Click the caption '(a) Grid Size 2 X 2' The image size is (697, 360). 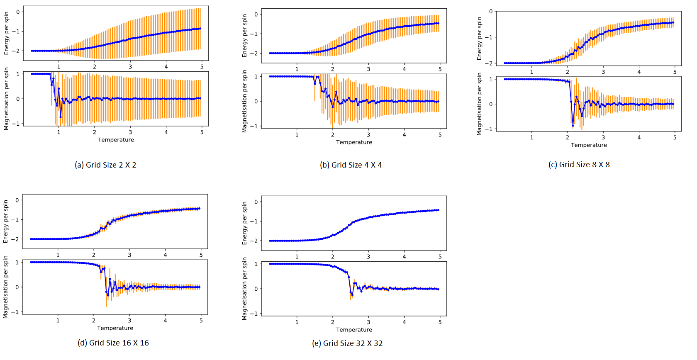[105, 165]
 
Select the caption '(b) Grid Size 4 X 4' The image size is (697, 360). [351, 165]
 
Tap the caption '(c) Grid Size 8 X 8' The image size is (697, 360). [579, 165]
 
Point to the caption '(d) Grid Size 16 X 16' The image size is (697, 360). [113, 343]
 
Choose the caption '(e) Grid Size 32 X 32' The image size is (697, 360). [347, 343]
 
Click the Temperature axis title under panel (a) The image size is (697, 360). [116, 140]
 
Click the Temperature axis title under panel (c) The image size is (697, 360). [589, 145]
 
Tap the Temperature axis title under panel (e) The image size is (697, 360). [354, 330]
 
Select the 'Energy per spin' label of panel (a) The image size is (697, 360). [6, 33]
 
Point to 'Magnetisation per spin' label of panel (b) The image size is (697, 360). [244, 101]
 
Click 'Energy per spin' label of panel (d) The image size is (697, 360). [6, 221]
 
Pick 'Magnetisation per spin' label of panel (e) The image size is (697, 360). [244, 289]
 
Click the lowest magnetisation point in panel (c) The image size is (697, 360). [573, 126]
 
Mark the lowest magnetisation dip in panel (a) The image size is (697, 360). [61, 117]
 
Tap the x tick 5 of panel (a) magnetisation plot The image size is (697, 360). [202, 132]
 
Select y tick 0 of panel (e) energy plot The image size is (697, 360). [256, 202]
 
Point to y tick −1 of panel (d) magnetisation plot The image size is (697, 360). [15, 312]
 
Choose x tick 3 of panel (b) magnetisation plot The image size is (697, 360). [368, 135]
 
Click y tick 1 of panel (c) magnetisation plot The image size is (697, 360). [491, 79]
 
